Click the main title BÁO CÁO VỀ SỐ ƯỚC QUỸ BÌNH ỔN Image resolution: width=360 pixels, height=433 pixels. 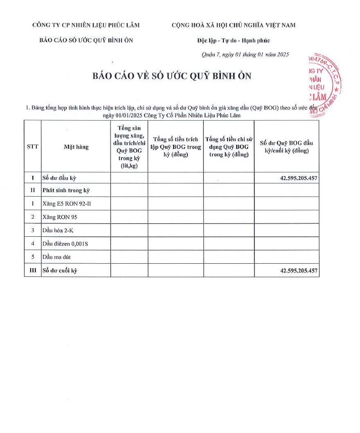[172, 76]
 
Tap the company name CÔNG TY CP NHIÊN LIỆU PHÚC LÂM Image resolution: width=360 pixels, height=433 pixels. [86, 25]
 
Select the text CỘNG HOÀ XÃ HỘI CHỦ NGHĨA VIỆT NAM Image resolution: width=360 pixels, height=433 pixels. [233, 25]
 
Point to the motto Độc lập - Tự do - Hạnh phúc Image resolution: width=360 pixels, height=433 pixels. [233, 40]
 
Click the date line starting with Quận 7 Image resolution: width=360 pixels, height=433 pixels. [245, 55]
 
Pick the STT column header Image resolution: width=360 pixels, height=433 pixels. [33, 147]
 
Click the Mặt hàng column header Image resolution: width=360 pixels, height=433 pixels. [76, 147]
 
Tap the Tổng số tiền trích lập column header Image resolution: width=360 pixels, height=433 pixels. [175, 147]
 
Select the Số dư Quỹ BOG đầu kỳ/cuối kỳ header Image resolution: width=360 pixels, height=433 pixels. [286, 147]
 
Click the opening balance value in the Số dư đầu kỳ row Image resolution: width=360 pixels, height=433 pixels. [299, 178]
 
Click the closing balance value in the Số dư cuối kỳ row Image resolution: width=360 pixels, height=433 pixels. [299, 271]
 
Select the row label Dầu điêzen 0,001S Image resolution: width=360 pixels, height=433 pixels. [65, 244]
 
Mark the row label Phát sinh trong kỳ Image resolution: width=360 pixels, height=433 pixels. [66, 190]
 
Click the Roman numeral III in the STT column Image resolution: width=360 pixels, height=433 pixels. [33, 271]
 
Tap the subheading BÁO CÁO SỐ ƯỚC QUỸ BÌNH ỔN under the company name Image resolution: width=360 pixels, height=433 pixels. [86, 40]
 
